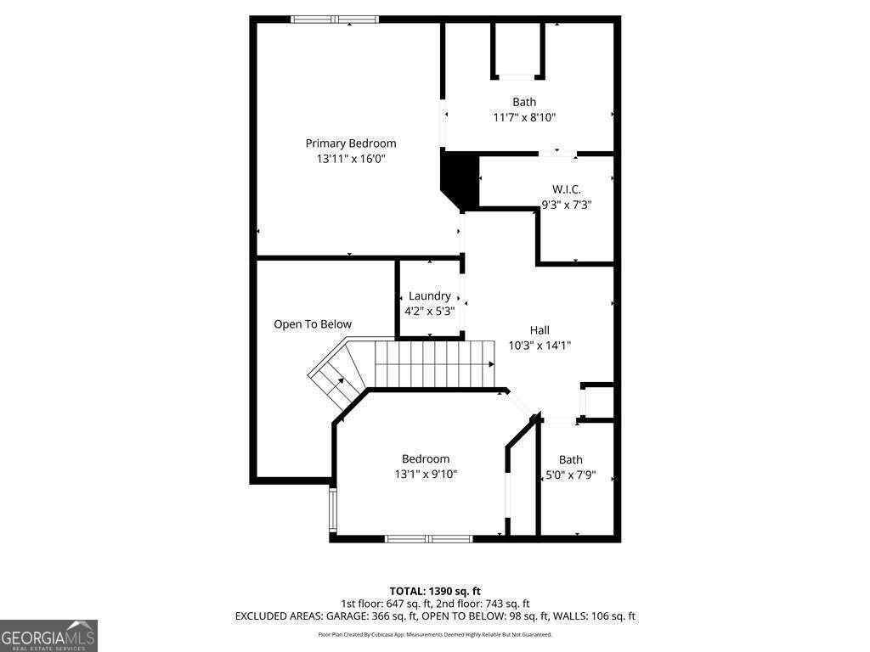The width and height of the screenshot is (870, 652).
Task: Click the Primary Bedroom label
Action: (351, 143)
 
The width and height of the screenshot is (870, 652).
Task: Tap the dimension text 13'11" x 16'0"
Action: (351, 159)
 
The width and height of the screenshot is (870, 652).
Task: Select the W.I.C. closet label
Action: (567, 188)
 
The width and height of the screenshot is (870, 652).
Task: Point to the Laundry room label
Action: (429, 295)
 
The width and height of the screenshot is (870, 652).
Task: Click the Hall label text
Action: (540, 330)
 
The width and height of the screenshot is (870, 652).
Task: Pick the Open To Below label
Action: (313, 324)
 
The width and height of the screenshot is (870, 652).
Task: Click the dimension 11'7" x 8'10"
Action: (524, 117)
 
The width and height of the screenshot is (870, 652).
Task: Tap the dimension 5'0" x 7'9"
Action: (570, 475)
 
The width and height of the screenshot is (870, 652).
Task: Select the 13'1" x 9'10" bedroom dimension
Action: (426, 475)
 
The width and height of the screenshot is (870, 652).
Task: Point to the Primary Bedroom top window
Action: (335, 19)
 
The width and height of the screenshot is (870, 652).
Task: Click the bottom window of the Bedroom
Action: (429, 538)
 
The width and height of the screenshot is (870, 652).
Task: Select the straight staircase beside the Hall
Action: (434, 363)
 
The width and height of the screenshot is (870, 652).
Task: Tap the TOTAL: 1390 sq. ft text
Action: (435, 591)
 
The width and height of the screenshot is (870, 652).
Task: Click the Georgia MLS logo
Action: (48, 635)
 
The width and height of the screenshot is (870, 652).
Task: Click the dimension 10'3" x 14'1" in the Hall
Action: (540, 346)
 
